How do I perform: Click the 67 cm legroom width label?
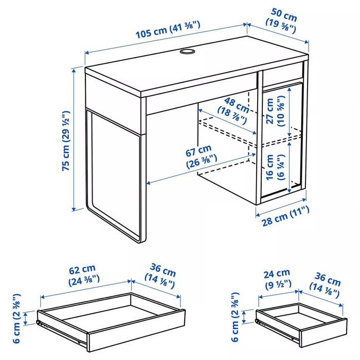tap(202, 157)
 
